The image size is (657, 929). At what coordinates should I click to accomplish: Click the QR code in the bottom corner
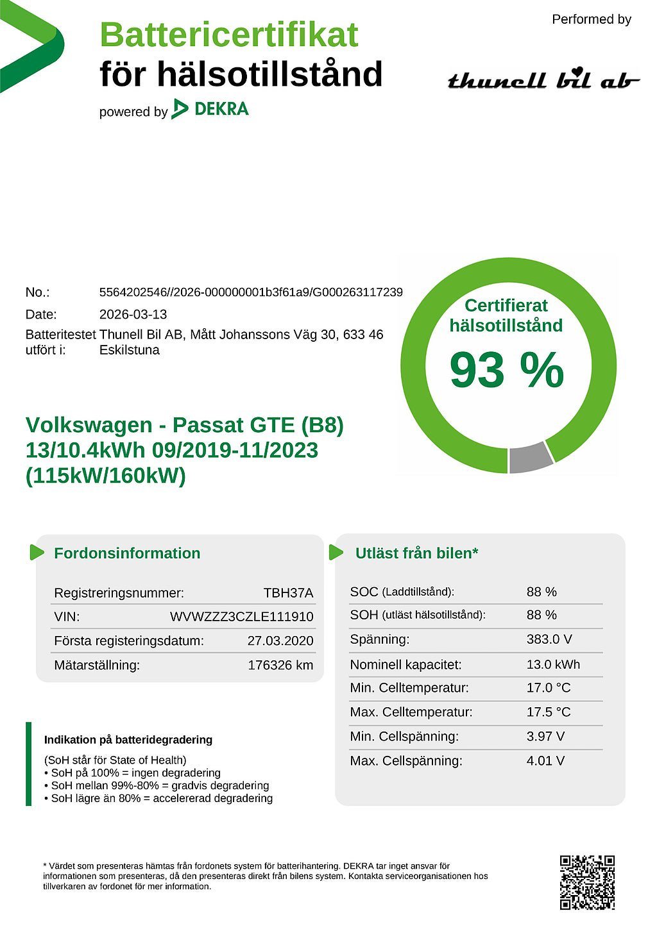coord(587,882)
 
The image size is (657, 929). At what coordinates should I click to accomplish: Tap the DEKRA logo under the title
coord(210,109)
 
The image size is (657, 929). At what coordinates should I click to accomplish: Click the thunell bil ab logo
coord(543,80)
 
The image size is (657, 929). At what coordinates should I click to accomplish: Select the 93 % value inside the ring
coord(506,370)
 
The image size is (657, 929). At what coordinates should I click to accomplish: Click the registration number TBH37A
coord(288,593)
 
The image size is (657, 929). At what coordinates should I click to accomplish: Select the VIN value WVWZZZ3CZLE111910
coord(241,617)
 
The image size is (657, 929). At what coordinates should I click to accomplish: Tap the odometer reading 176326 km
coord(280,665)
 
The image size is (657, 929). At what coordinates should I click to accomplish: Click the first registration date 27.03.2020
coord(280,640)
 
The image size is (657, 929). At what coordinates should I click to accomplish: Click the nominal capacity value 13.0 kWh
coord(553,664)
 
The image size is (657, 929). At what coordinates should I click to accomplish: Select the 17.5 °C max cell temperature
coord(548,712)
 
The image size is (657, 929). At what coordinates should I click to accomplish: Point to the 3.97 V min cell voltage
coord(545,736)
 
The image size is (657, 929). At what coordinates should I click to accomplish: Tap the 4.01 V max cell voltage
coord(545,761)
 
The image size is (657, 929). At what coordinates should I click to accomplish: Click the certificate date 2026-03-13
coord(133,314)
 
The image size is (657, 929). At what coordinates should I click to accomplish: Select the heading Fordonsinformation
coord(127,553)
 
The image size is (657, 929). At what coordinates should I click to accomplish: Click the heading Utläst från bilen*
coord(416,553)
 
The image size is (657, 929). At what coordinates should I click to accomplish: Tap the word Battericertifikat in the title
coord(229,35)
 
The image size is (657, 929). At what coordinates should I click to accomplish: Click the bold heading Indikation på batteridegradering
coord(128,740)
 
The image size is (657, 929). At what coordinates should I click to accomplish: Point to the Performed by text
coord(591,19)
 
